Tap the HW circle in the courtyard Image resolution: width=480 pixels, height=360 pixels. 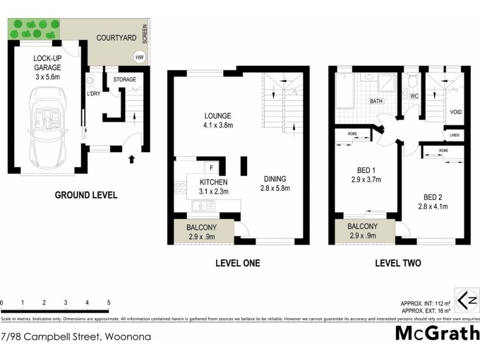pyautogui.click(x=140, y=58)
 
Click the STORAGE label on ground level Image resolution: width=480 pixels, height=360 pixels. pyautogui.click(x=124, y=79)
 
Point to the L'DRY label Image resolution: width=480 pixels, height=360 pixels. pyautogui.click(x=94, y=94)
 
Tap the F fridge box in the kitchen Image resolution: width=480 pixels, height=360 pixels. pyautogui.click(x=212, y=168)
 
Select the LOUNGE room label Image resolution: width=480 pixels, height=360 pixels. pyautogui.click(x=218, y=116)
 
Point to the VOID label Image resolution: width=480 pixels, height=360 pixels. pyautogui.click(x=457, y=112)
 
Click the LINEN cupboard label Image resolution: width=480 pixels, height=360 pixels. pyautogui.click(x=454, y=136)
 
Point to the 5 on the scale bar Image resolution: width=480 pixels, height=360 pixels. pyautogui.click(x=109, y=302)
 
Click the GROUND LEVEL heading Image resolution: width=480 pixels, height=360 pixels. pyautogui.click(x=86, y=195)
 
